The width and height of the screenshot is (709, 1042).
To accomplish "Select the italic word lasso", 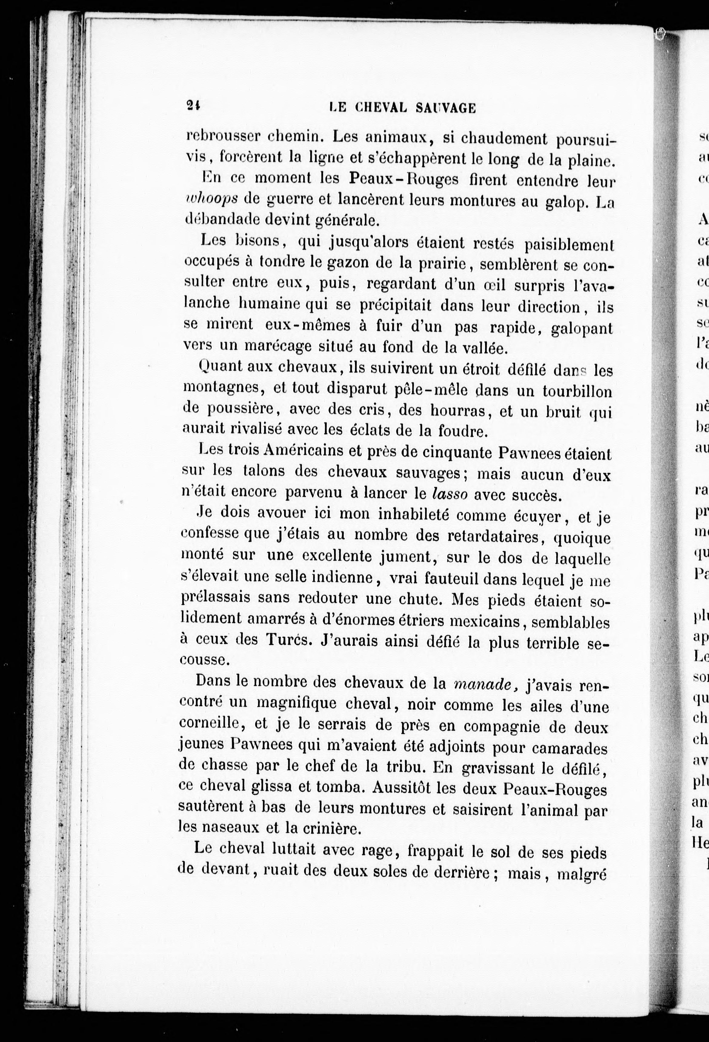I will pos(450,494).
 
